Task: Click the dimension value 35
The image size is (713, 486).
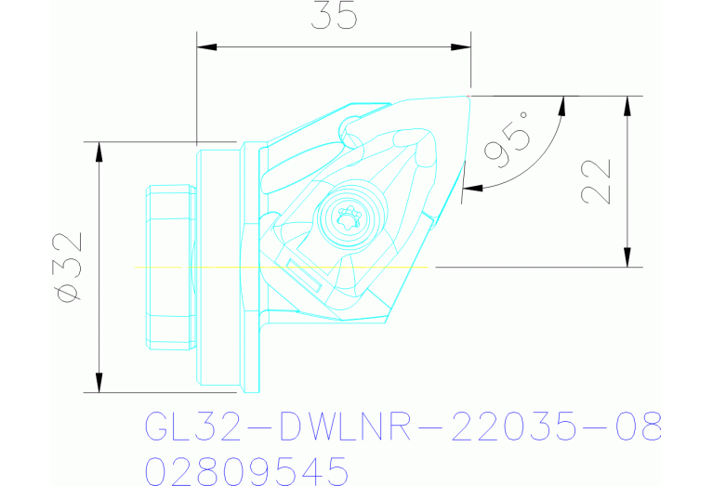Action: (x=334, y=15)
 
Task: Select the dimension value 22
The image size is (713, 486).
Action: (x=596, y=180)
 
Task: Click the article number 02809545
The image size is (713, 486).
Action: (x=247, y=470)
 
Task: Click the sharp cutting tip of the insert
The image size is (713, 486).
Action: (x=469, y=94)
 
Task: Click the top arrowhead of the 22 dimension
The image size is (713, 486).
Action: (x=629, y=103)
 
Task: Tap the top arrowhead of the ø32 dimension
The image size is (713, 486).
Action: (x=98, y=151)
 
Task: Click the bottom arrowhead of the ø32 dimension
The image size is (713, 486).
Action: (x=98, y=384)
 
